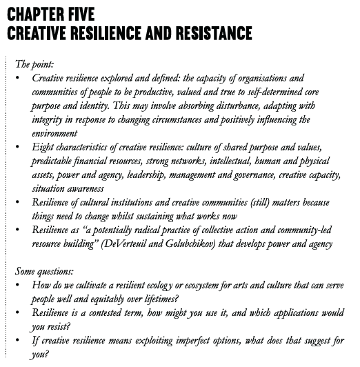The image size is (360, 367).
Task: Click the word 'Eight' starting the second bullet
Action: [x=43, y=148]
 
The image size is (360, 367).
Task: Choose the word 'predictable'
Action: [x=56, y=161]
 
